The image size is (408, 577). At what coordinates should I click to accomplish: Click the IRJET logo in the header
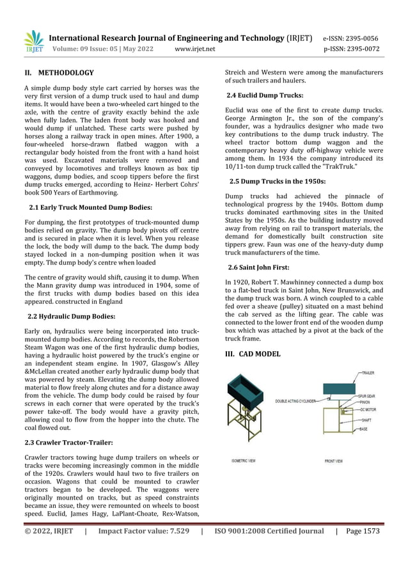pyautogui.click(x=34, y=42)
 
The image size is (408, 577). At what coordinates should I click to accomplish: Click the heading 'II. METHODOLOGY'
pyautogui.click(x=59, y=73)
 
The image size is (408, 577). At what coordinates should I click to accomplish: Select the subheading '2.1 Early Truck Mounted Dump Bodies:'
pyautogui.click(x=90, y=207)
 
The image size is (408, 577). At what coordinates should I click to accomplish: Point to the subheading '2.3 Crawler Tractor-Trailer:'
pyautogui.click(x=68, y=442)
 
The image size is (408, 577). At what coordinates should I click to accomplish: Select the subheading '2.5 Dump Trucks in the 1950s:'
pyautogui.click(x=278, y=182)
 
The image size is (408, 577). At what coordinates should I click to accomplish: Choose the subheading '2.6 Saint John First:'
pyautogui.click(x=258, y=267)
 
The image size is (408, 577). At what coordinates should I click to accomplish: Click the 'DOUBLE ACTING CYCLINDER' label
pyautogui.click(x=295, y=401)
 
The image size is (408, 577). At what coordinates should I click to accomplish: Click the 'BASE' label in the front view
pyautogui.click(x=363, y=429)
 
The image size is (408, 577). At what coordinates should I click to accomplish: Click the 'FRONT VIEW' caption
pyautogui.click(x=334, y=461)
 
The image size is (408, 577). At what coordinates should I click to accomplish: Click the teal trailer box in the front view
pyautogui.click(x=340, y=388)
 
